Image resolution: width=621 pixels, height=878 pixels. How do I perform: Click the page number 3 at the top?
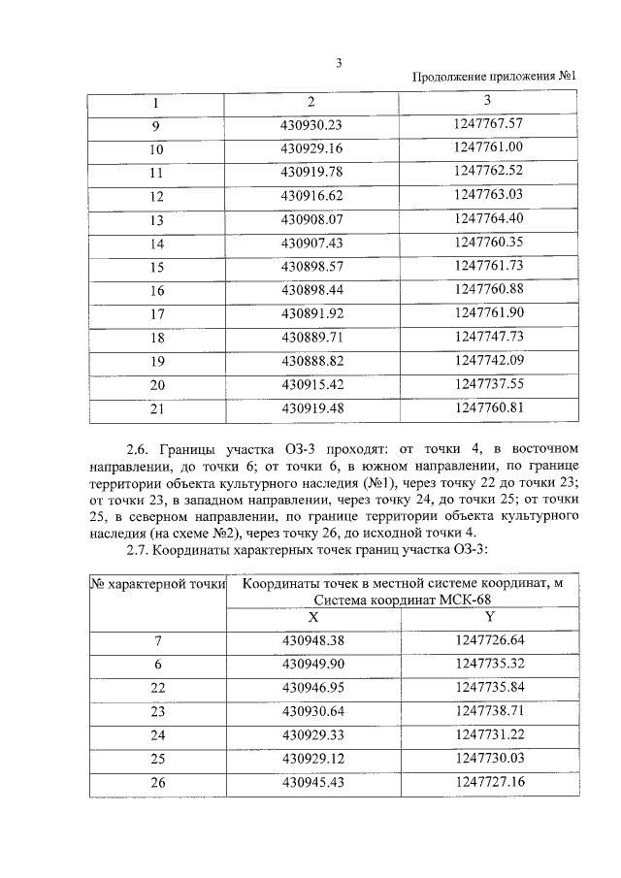pyautogui.click(x=339, y=63)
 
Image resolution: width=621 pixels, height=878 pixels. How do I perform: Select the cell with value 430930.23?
pyautogui.click(x=311, y=124)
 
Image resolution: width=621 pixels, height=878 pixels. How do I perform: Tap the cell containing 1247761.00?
pyautogui.click(x=488, y=147)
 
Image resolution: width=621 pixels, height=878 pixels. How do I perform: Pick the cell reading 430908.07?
pyautogui.click(x=311, y=219)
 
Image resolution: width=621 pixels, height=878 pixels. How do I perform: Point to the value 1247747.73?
pyautogui.click(x=488, y=337)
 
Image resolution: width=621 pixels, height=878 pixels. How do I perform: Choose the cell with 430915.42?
pyautogui.click(x=311, y=384)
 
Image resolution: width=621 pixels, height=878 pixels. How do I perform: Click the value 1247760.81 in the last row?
pyautogui.click(x=488, y=407)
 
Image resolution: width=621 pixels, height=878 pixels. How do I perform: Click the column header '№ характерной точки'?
pyautogui.click(x=157, y=584)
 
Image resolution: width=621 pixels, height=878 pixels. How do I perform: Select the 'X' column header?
pyautogui.click(x=311, y=616)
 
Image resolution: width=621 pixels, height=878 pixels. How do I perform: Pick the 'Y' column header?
pyautogui.click(x=489, y=616)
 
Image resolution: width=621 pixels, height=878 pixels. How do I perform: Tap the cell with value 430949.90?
pyautogui.click(x=311, y=663)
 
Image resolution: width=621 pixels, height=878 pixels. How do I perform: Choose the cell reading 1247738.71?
pyautogui.click(x=489, y=710)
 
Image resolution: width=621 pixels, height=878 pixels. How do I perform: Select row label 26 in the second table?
pyautogui.click(x=157, y=782)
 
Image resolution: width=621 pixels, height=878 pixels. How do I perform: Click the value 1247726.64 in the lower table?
pyautogui.click(x=489, y=639)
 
